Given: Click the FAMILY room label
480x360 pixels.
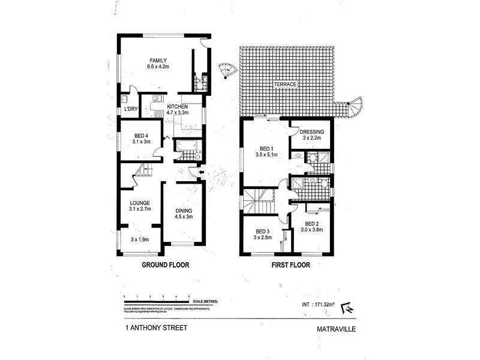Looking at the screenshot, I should (158, 60).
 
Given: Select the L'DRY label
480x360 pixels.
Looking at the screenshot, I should (130, 109).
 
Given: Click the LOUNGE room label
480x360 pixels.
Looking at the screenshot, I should (139, 203).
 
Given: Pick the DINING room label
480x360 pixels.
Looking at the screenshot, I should (184, 211).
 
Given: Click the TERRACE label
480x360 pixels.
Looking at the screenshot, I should (285, 85).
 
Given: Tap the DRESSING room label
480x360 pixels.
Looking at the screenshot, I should (312, 132).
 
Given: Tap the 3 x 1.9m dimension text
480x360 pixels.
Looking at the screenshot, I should (139, 240).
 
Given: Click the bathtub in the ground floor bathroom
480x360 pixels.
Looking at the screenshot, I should (183, 146).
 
